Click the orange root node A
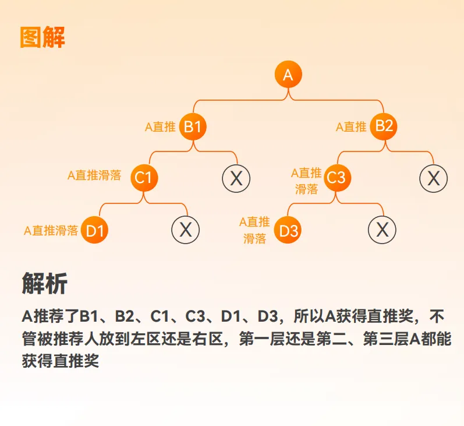click(x=288, y=75)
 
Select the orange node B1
click(x=193, y=126)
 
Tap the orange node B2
click(x=384, y=126)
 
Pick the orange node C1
click(x=144, y=177)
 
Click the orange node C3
click(x=337, y=177)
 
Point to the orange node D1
click(x=95, y=230)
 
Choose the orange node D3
click(x=288, y=230)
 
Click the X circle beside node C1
click(x=236, y=178)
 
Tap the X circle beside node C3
click(x=434, y=178)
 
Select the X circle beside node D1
click(x=186, y=230)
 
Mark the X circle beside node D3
click(x=382, y=230)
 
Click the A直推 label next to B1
click(x=160, y=127)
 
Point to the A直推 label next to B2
click(x=352, y=126)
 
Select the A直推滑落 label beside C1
click(x=94, y=175)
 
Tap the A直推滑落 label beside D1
click(x=51, y=230)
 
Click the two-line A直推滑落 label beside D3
click(x=254, y=230)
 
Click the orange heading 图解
click(x=42, y=37)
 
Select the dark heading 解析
click(x=44, y=283)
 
